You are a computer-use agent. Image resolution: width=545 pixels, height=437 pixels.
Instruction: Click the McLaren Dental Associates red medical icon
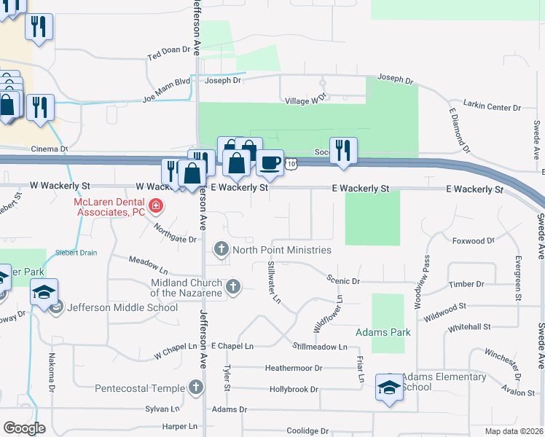154,208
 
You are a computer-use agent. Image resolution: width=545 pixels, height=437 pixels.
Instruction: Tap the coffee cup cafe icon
269,162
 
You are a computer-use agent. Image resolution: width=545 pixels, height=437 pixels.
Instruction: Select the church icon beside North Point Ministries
221,250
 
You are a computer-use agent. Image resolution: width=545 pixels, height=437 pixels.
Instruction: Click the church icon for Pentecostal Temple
195,387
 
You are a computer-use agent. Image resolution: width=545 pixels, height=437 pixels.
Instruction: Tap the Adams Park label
383,332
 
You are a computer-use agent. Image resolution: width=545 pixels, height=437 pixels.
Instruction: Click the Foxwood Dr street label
473,240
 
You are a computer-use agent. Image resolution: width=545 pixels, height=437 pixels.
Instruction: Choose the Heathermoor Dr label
294,369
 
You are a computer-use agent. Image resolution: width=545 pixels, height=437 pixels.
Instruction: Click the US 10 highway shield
291,165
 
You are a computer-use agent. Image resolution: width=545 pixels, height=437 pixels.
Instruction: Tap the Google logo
24,428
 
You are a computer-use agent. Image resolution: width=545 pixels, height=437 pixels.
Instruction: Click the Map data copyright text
513,431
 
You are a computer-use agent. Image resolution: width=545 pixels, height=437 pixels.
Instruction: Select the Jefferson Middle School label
122,307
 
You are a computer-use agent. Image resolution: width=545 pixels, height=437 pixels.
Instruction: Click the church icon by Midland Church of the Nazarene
232,286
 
